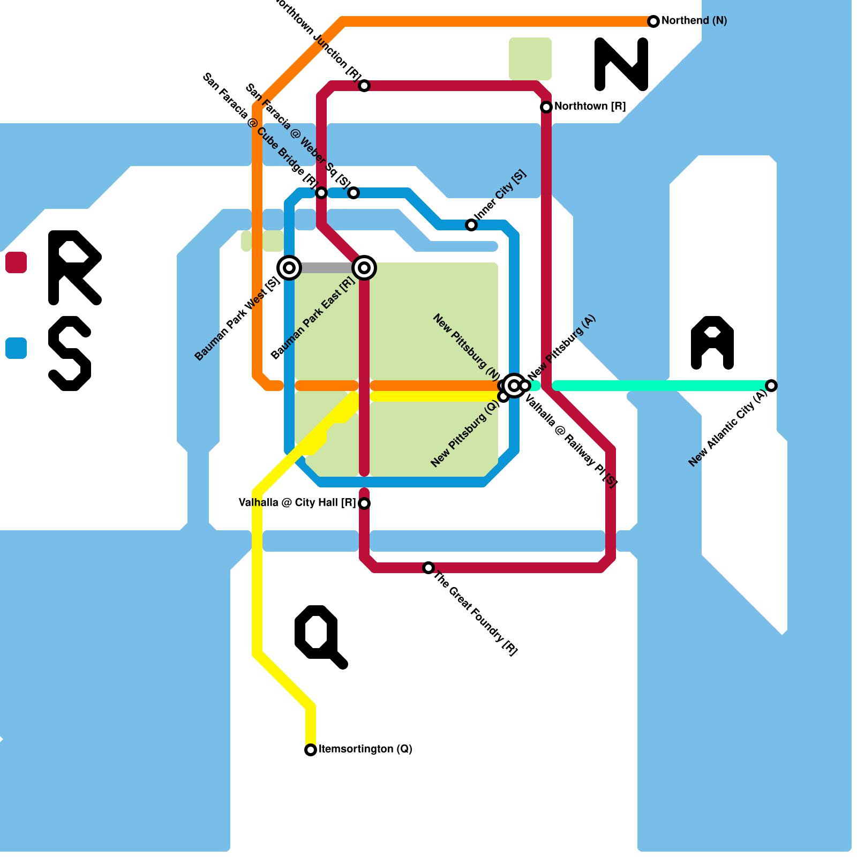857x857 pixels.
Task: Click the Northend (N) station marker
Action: (x=653, y=21)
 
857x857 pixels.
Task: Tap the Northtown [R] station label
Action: (x=590, y=107)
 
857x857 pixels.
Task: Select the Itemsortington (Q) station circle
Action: (x=311, y=750)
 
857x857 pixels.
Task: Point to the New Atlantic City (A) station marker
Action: (x=771, y=386)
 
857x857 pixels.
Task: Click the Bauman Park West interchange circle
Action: (x=289, y=268)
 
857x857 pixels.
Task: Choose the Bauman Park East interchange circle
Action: (x=364, y=268)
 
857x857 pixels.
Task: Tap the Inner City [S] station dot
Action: (x=471, y=225)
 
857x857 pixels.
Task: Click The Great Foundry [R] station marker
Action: (x=428, y=568)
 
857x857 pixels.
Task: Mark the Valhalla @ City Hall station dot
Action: (x=364, y=503)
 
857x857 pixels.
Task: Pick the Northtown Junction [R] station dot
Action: (x=364, y=86)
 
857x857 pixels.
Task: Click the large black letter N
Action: (x=621, y=64)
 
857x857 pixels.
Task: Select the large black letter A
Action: (x=712, y=343)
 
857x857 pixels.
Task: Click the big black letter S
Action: (x=70, y=354)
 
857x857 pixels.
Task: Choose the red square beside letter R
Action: (x=16, y=262)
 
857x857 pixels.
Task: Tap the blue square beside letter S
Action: (x=16, y=348)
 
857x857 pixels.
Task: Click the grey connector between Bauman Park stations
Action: (x=327, y=268)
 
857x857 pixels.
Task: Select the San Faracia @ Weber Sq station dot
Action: (x=354, y=193)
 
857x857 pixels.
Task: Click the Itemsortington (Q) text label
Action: (x=365, y=749)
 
